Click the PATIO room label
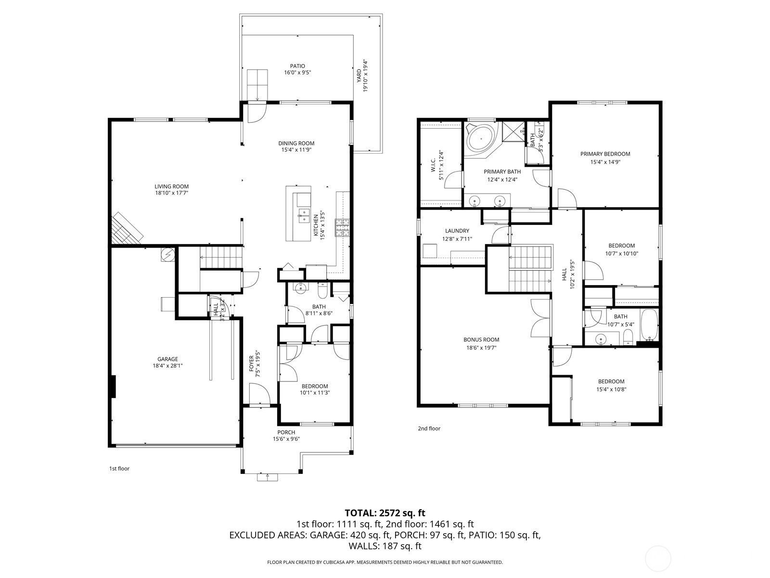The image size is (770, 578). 297,66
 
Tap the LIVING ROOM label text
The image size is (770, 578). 171,187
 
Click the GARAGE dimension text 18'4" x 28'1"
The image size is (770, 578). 167,366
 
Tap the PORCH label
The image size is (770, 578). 286,433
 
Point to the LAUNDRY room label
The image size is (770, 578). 457,231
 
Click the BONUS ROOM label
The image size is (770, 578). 481,340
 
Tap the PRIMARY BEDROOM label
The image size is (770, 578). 605,154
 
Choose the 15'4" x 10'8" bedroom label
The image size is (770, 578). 611,385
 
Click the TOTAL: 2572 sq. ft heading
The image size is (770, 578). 385,513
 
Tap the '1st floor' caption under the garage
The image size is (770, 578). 119,468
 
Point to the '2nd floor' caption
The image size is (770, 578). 429,428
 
